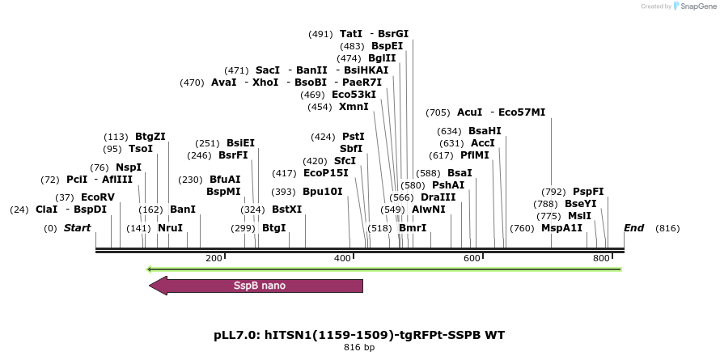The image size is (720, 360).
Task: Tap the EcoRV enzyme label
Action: (98, 197)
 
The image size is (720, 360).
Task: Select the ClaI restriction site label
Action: (46, 210)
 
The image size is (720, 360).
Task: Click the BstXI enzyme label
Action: (286, 210)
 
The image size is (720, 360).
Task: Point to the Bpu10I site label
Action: (323, 192)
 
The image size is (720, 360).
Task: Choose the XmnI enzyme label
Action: (354, 107)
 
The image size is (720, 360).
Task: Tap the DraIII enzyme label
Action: (438, 197)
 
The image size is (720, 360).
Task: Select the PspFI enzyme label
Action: (588, 192)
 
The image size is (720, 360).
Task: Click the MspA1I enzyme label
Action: (561, 228)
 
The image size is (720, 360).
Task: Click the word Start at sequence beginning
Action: (77, 228)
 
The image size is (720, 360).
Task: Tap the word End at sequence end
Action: (633, 228)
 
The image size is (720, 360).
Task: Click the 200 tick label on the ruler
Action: (214, 258)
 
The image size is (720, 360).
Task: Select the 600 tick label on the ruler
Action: (471, 258)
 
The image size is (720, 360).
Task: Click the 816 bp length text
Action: (359, 347)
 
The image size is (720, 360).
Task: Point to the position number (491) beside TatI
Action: (320, 34)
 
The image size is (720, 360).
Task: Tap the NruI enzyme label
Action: (170, 228)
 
